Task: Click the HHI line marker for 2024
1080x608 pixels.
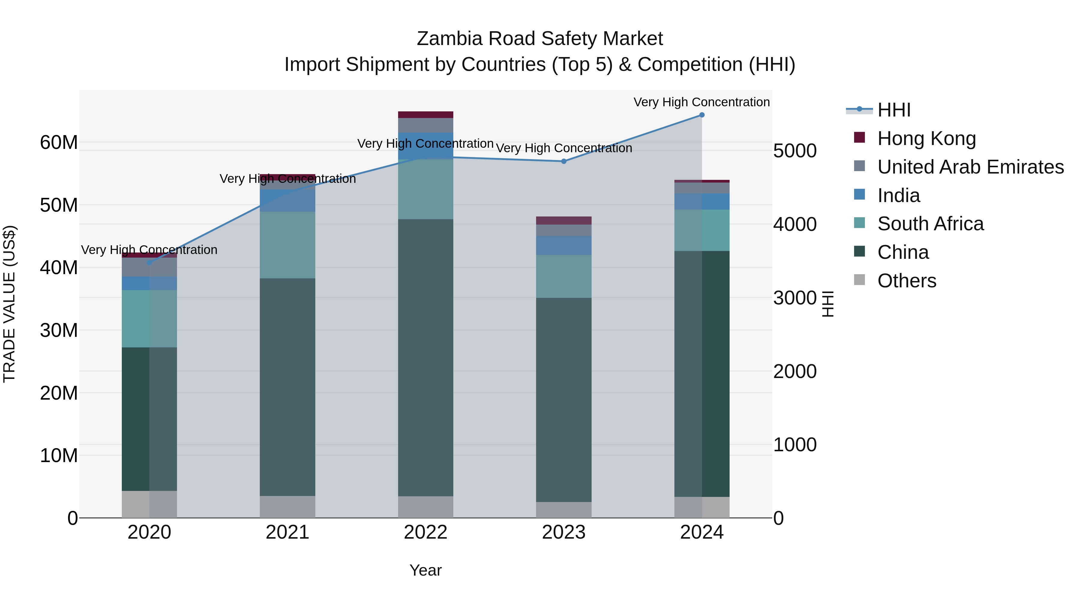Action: tap(702, 115)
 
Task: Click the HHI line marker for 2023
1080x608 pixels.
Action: tap(564, 161)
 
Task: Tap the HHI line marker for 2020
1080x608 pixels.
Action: tap(149, 263)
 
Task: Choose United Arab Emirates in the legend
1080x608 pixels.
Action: tap(970, 167)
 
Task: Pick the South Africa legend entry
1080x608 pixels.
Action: tap(930, 224)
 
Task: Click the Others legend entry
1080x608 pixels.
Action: tap(906, 281)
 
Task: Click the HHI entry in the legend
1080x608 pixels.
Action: tap(894, 110)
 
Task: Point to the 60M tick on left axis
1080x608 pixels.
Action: tap(59, 143)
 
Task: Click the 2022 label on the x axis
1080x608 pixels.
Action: tap(425, 532)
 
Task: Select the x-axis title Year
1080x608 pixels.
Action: tap(425, 570)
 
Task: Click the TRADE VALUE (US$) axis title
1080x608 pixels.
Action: tap(9, 304)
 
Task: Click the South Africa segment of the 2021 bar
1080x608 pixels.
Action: tap(288, 245)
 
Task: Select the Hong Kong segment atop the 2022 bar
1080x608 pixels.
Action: tap(425, 115)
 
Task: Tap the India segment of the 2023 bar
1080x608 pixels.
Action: tap(564, 246)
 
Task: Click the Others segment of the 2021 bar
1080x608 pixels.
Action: tap(288, 507)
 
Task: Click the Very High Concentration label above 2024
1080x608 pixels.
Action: tap(701, 102)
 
